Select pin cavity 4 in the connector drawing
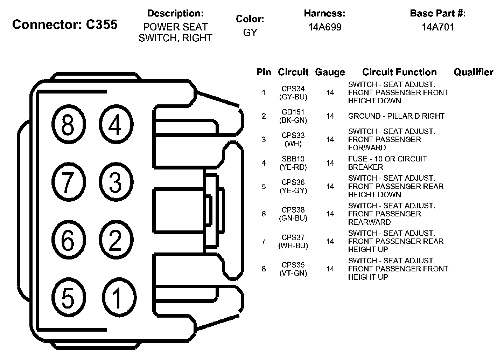pos(115,124)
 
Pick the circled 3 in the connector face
pos(115,182)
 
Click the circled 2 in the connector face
pos(115,241)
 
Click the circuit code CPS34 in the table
pos(293,89)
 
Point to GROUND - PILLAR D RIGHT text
pos(396,116)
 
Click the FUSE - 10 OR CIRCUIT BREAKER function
pos(387,163)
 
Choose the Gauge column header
pos(330,72)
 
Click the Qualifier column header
pos(473,72)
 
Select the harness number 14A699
pos(325,27)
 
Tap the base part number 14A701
pos(438,27)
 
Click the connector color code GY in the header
pos(250,33)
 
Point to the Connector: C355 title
pos(65,25)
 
